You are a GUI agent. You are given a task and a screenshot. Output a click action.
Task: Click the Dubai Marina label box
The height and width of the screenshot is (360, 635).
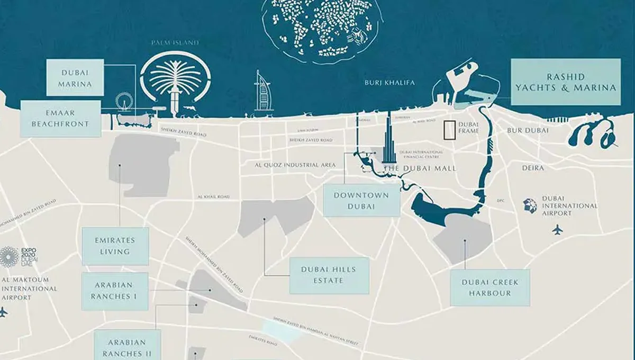coord(75,77)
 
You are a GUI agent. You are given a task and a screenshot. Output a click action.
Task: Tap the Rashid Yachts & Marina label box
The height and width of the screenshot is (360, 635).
coord(565,82)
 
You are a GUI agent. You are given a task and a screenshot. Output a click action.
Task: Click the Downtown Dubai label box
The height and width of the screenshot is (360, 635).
coord(361,200)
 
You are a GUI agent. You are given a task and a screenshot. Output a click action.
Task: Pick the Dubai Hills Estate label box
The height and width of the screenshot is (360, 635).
coord(329,275)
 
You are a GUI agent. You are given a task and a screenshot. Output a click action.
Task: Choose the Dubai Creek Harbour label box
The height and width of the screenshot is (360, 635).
coord(489,287)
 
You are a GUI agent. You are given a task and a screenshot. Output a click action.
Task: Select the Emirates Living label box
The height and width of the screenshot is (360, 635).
coord(115,246)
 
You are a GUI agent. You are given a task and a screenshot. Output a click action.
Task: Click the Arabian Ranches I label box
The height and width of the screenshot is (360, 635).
coord(114,292)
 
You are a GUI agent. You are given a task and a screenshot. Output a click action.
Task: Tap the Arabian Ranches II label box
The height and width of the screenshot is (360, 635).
coord(127,347)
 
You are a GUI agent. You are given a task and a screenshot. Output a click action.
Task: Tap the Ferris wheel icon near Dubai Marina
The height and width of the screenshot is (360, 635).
coord(124,103)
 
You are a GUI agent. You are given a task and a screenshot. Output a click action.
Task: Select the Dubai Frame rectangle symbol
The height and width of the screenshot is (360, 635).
coord(449,130)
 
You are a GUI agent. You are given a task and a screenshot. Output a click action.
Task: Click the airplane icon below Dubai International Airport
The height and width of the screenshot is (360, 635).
coord(557,229)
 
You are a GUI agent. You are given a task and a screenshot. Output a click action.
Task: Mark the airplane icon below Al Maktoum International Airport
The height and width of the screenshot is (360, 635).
coord(4,312)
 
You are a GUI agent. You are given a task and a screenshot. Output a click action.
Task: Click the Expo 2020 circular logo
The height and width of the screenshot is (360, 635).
coord(9,256)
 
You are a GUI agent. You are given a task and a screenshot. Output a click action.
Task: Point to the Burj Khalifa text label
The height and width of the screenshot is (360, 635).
coord(390,83)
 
